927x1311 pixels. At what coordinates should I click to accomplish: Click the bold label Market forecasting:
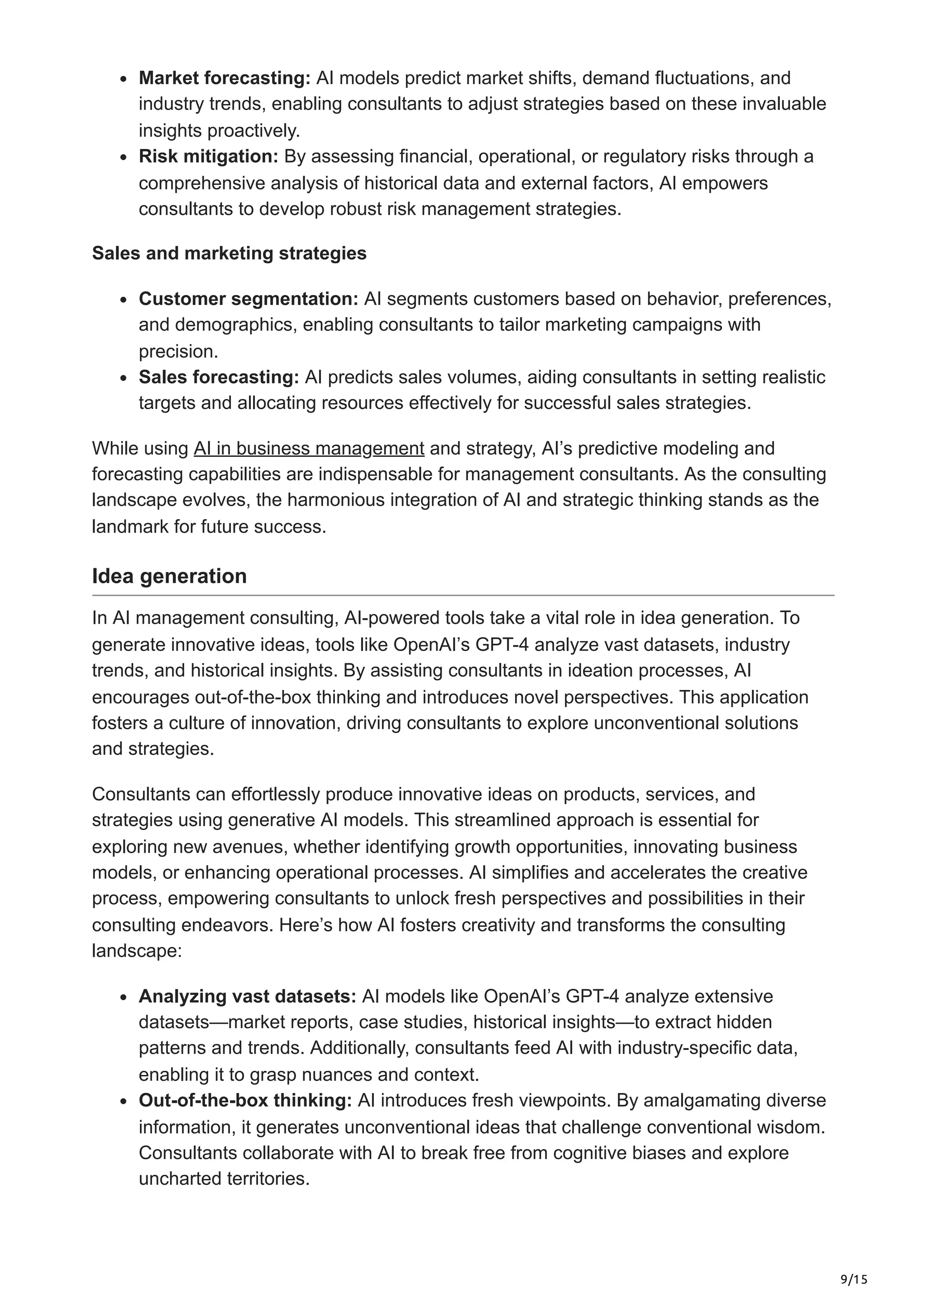click(x=225, y=78)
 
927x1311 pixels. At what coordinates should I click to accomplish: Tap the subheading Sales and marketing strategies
click(x=229, y=253)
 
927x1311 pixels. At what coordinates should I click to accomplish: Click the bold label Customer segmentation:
click(x=248, y=299)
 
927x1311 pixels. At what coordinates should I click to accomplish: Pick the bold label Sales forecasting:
click(x=219, y=377)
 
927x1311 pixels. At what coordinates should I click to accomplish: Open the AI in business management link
click(x=308, y=448)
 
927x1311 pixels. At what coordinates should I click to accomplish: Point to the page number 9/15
click(x=854, y=1263)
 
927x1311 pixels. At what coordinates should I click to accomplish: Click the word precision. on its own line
click(x=179, y=351)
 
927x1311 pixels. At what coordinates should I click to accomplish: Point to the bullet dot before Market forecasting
click(x=124, y=79)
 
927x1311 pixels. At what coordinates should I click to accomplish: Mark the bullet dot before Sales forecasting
click(x=124, y=378)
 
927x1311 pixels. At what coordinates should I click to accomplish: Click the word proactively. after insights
click(x=253, y=131)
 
